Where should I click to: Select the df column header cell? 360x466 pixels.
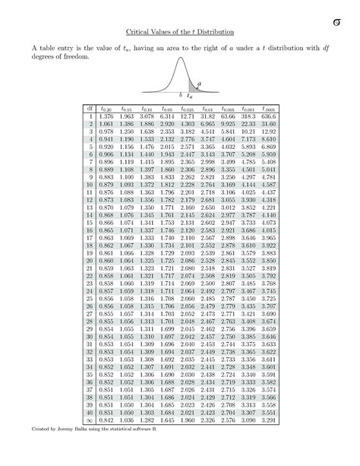point(90,109)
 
